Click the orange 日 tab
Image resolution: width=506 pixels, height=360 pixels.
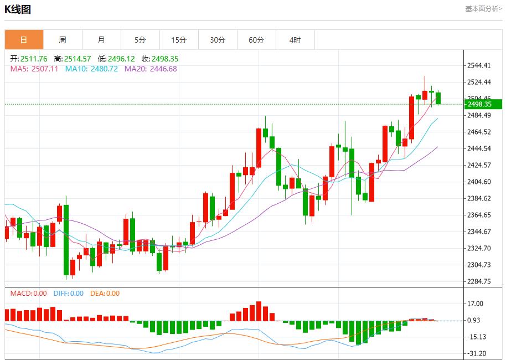[x=24, y=40]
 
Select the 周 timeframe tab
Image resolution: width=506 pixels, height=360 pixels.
[x=63, y=40]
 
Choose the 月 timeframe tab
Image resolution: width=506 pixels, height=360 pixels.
[x=101, y=40]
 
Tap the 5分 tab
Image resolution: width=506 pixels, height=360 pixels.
[x=140, y=40]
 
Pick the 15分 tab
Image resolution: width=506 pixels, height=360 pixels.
[x=179, y=40]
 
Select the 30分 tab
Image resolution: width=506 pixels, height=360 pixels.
[x=218, y=40]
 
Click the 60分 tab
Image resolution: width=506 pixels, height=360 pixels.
[x=256, y=40]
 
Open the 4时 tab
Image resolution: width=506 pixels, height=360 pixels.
[x=295, y=40]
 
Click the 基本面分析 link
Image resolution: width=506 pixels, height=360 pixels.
[x=483, y=8]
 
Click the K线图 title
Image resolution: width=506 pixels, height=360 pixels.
[x=18, y=9]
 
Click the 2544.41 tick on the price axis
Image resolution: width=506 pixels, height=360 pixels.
[x=479, y=65]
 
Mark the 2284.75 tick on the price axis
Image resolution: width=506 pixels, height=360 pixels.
[x=479, y=281]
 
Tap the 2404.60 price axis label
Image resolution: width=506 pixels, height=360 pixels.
[x=479, y=182]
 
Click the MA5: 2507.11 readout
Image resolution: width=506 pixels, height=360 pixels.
[x=34, y=69]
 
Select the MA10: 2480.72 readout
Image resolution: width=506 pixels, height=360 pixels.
[x=91, y=69]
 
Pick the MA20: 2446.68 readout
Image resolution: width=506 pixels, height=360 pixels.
[x=151, y=69]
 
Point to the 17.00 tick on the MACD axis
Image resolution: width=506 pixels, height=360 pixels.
[x=476, y=304]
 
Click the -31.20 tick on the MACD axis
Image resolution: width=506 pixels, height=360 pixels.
[x=477, y=353]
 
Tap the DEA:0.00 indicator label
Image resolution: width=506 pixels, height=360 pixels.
[x=105, y=294]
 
